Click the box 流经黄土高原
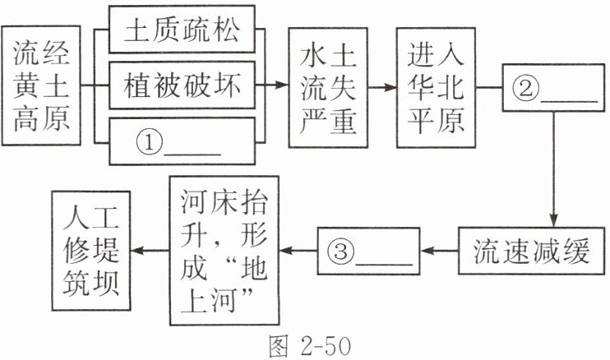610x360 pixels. coord(40,86)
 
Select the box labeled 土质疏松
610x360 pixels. coord(182,32)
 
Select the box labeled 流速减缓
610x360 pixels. coord(532,252)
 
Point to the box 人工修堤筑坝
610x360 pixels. coord(90,252)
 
